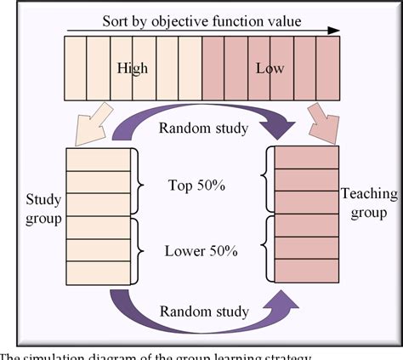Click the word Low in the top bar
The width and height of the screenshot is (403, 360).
click(270, 67)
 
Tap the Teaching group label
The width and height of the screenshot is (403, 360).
click(369, 203)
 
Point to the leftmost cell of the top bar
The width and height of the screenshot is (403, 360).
click(74, 67)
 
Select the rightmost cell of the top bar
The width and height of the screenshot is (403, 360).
click(331, 67)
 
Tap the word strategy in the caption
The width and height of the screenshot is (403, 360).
click(290, 354)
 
